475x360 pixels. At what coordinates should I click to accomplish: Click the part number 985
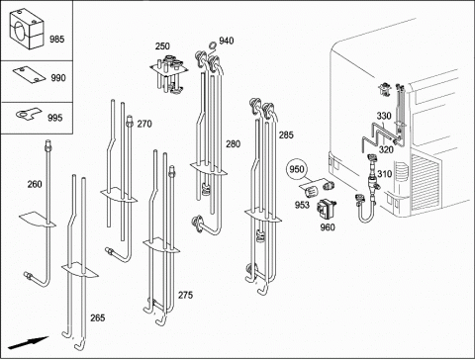[57, 40]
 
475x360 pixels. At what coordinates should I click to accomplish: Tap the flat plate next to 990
[29, 75]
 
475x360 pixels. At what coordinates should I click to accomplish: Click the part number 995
[54, 118]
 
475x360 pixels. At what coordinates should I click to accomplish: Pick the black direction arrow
[29, 343]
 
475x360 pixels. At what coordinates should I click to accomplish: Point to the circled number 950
[296, 169]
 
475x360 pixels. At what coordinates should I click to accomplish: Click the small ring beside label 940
[213, 45]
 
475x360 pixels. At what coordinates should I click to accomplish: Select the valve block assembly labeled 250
[168, 73]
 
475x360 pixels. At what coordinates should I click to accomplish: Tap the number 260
[35, 184]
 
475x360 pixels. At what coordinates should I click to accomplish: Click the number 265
[98, 317]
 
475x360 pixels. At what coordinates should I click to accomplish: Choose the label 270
[144, 124]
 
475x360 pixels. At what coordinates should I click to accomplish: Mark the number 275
[185, 295]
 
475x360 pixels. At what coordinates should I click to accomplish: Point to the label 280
[234, 144]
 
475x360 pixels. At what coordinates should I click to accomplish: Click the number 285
[286, 135]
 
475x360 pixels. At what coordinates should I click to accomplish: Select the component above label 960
[327, 209]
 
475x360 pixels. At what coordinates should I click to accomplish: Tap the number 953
[302, 205]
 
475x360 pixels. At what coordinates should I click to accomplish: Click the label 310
[384, 174]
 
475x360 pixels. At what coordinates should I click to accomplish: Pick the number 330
[384, 116]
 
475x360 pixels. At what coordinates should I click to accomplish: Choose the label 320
[386, 149]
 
